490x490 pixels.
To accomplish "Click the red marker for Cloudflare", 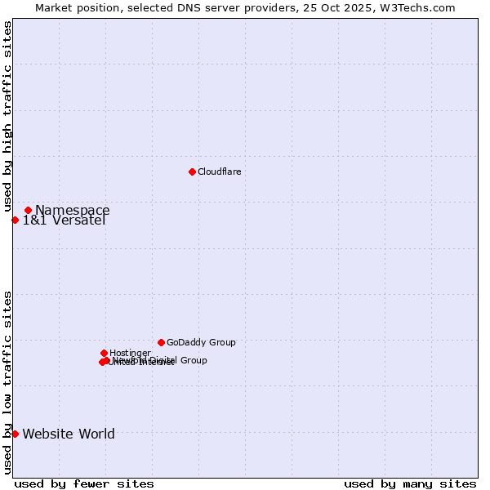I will [192, 171].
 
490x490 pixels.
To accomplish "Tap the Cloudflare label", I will [219, 171].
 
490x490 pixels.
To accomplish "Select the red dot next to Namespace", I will [28, 210].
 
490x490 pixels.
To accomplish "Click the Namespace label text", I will [72, 211].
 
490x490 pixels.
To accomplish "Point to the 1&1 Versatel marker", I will [15, 220].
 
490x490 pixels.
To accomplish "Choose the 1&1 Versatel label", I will [64, 220].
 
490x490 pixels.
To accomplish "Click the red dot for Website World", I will [15, 434].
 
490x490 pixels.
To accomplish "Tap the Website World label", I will [69, 434].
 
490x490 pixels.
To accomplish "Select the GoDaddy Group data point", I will [161, 342].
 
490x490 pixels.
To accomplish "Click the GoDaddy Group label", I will [201, 343].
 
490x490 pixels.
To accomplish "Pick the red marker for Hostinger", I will [104, 353].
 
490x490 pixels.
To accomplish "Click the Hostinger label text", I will [130, 354].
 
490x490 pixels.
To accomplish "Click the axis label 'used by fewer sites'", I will [84, 483].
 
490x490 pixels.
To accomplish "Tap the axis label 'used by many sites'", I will [410, 483].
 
